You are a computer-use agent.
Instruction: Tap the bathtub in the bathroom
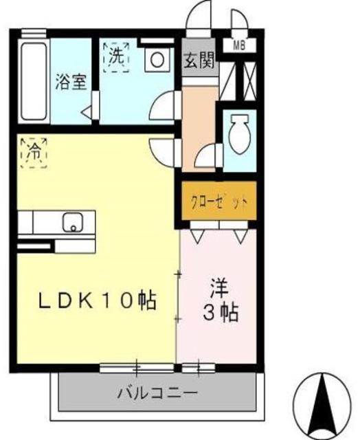[x=31, y=81]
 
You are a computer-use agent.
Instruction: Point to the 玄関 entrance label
[x=198, y=59]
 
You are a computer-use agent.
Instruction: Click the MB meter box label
[x=239, y=45]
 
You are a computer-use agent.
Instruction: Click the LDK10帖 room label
[x=96, y=300]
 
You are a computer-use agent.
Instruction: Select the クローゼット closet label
[x=218, y=201]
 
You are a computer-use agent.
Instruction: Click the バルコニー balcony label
[x=157, y=394]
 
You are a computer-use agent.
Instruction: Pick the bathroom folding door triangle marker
[x=87, y=111]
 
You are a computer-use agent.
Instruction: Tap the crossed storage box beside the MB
[x=239, y=81]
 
